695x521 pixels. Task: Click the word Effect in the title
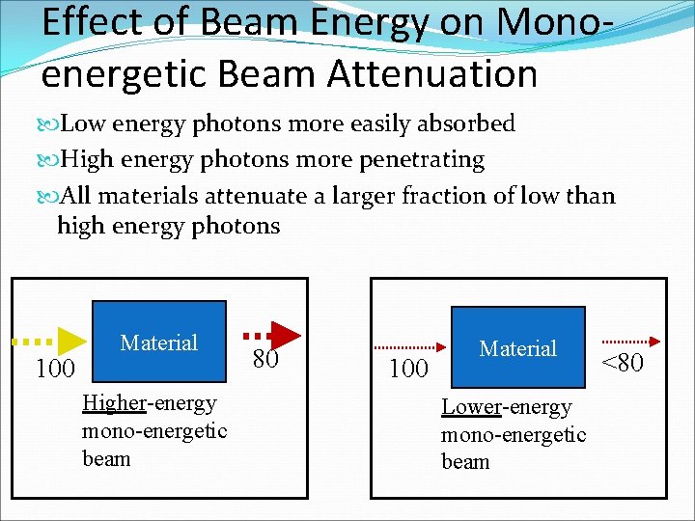(x=89, y=23)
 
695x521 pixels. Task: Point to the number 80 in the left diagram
(x=265, y=360)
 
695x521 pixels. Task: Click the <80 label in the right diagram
(x=623, y=363)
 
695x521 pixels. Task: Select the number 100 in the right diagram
(x=408, y=368)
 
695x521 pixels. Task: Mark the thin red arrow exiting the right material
(x=629, y=341)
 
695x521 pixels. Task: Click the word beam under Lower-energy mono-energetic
(x=465, y=461)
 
